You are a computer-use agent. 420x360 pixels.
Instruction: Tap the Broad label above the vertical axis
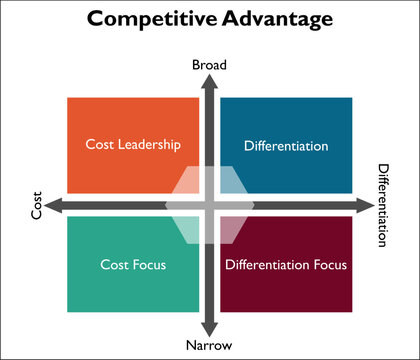pos(210,65)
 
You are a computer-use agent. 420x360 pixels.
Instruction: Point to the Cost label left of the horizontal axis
pos(37,206)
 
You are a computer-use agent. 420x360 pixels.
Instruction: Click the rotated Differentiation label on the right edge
pos(382,206)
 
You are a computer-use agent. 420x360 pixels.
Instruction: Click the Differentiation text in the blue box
pos(285,146)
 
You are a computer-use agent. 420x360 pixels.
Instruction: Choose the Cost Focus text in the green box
pos(133,265)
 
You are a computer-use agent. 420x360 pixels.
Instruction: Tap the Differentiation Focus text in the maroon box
pos(286,265)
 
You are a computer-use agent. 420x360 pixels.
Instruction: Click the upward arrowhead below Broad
pos(210,84)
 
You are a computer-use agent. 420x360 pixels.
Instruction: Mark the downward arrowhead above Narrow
pos(210,327)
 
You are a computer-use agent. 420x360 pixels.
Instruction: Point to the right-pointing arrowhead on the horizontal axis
pos(363,206)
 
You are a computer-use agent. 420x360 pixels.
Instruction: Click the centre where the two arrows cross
pos(210,206)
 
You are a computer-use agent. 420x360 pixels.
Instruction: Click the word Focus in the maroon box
pos(328,265)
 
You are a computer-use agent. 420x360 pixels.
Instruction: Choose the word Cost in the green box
pos(114,265)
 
